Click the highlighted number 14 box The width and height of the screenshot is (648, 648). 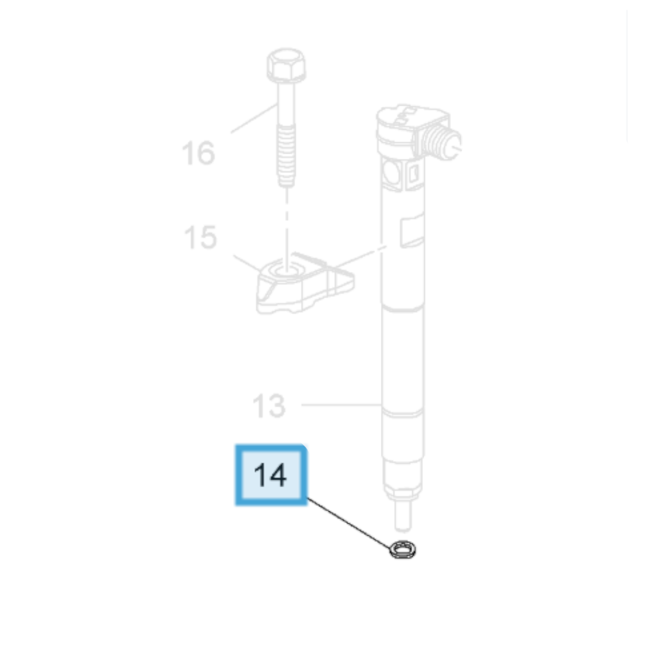(271, 475)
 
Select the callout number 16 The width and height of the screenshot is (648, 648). (199, 152)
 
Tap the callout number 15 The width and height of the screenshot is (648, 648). (200, 237)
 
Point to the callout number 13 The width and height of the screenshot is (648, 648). (269, 406)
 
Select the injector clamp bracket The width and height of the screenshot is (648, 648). (305, 283)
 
